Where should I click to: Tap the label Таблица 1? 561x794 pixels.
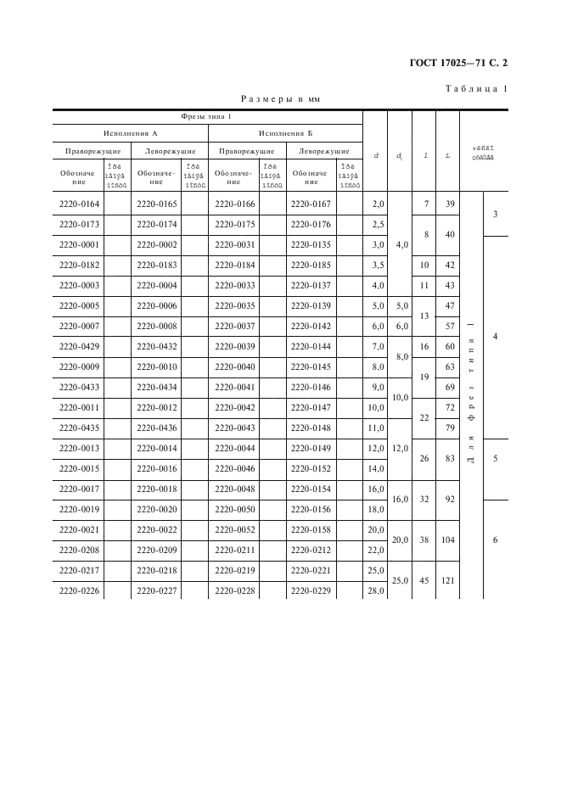[x=476, y=89]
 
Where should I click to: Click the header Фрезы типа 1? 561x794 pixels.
[x=207, y=116]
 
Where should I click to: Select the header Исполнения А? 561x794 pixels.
[x=131, y=133]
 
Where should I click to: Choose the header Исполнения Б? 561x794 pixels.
[x=285, y=133]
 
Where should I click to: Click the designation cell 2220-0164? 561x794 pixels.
[x=79, y=204]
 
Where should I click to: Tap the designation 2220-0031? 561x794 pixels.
[x=233, y=244]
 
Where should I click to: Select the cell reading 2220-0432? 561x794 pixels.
[x=156, y=346]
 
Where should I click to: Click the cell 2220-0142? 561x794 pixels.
[x=311, y=326]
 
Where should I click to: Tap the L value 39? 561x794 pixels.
[x=450, y=204]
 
